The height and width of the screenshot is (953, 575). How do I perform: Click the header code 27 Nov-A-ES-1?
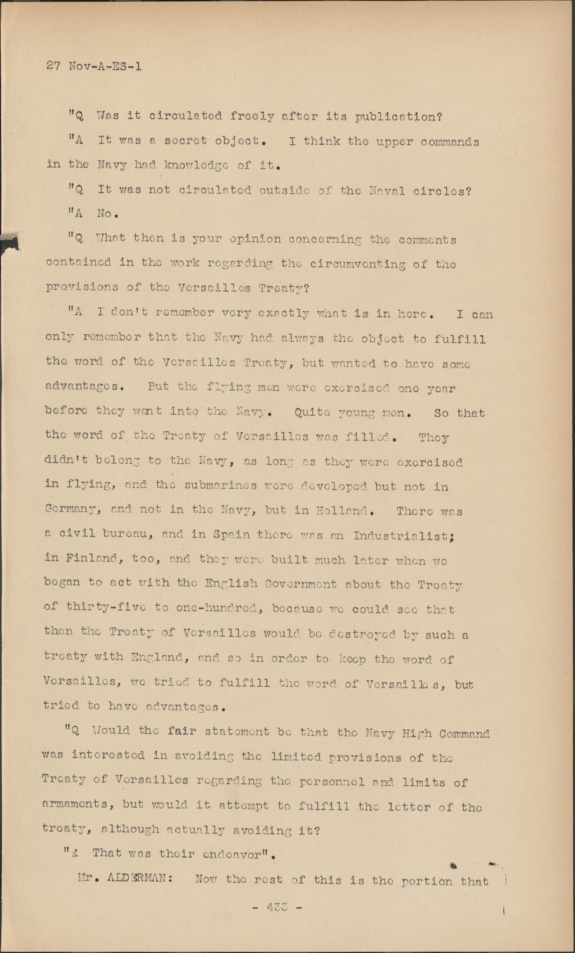click(x=94, y=65)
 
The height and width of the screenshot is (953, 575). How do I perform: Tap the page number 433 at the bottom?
click(x=276, y=907)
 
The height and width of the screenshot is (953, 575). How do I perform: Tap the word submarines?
click(x=221, y=486)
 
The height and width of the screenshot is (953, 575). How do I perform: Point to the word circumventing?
click(x=360, y=264)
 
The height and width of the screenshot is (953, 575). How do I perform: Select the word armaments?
click(x=77, y=805)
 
